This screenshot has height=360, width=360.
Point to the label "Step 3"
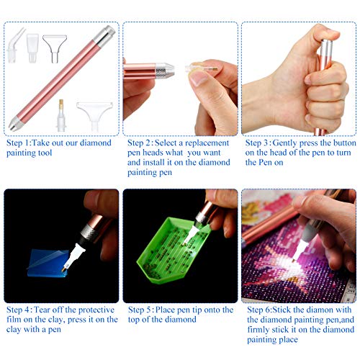coord(260,143)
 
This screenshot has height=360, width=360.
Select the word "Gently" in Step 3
coord(296,143)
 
